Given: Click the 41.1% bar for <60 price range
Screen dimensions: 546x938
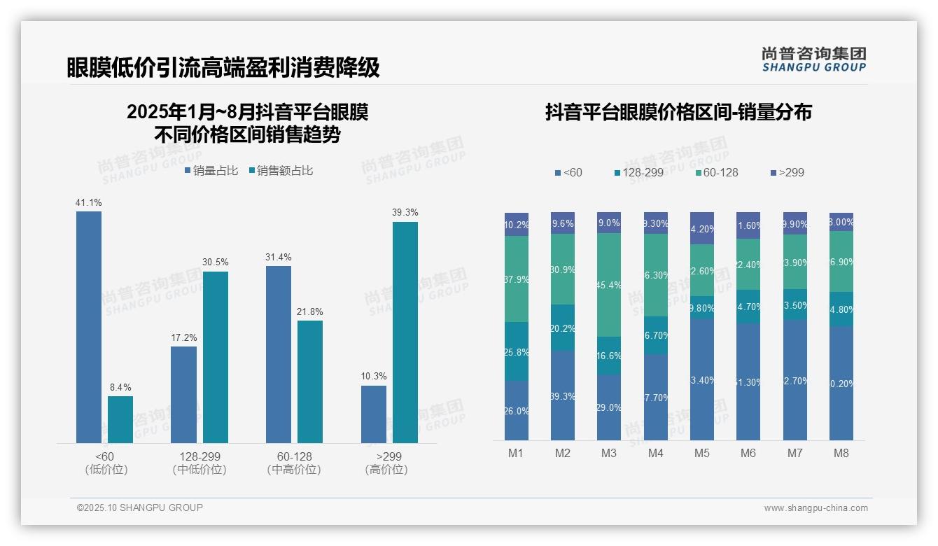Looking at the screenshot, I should pyautogui.click(x=89, y=327).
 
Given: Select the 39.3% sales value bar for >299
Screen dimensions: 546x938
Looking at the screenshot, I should pyautogui.click(x=405, y=332).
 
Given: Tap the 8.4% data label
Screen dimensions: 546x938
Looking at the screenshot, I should pyautogui.click(x=120, y=388).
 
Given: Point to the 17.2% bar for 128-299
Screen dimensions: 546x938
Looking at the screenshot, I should pyautogui.click(x=183, y=395).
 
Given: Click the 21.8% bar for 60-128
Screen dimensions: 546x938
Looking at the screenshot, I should pyautogui.click(x=310, y=381).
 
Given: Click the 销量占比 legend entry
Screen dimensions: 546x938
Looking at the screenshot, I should pyautogui.click(x=211, y=171).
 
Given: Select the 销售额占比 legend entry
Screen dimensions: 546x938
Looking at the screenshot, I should pyautogui.click(x=281, y=171).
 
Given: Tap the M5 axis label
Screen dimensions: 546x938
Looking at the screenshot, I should pyautogui.click(x=702, y=453).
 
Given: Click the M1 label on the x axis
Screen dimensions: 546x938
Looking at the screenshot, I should pyautogui.click(x=516, y=453).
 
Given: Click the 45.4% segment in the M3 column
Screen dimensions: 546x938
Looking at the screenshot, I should pyautogui.click(x=609, y=285).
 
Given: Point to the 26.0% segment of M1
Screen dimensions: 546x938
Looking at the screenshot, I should pyautogui.click(x=517, y=411).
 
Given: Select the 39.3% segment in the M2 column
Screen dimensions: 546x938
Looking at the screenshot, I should pyautogui.click(x=563, y=395).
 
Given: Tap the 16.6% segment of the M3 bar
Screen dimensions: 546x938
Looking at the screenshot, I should pyautogui.click(x=609, y=356).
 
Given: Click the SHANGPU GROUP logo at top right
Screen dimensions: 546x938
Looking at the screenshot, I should pyautogui.click(x=813, y=59).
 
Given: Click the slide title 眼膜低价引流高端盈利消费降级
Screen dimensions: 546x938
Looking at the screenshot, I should pyautogui.click(x=223, y=67).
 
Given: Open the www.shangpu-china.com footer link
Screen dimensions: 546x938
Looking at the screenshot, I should pyautogui.click(x=815, y=508).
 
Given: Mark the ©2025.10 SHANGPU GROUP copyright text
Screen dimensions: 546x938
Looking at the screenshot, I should pyautogui.click(x=140, y=508).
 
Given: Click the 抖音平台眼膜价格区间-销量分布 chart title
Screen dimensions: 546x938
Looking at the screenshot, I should pyautogui.click(x=678, y=112).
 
